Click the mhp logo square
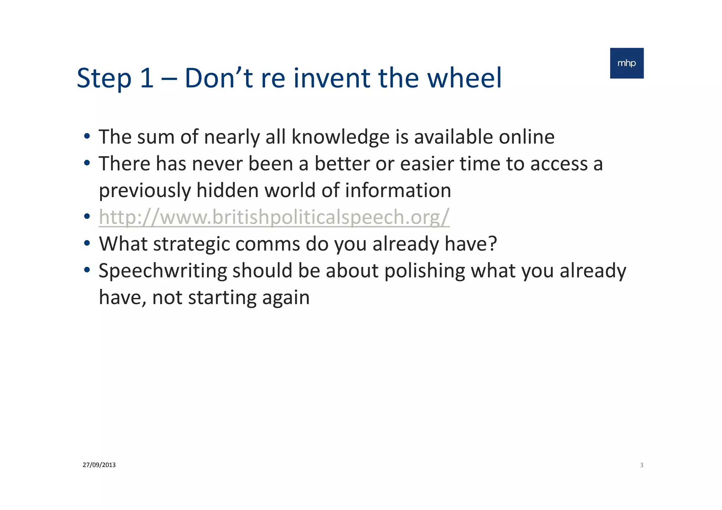tap(626, 63)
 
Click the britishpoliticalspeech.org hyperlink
tap(274, 217)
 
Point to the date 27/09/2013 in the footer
tap(99, 465)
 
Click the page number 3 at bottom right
tap(642, 465)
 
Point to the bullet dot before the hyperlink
tap(87, 216)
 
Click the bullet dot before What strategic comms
tap(87, 243)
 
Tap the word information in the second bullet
tap(398, 191)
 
